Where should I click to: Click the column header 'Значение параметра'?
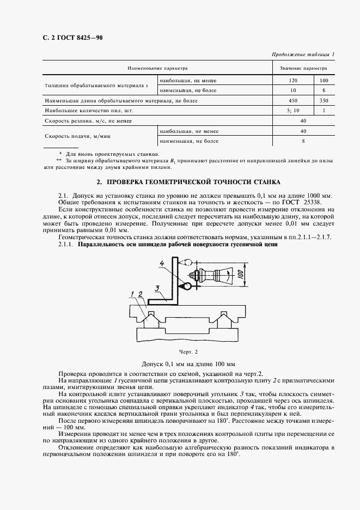click(x=303, y=69)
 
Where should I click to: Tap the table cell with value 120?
click(x=293, y=80)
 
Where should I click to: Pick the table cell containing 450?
click(x=293, y=100)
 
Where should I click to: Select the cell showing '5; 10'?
click(x=293, y=111)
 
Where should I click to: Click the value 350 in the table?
click(x=324, y=100)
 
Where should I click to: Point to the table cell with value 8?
click(x=303, y=141)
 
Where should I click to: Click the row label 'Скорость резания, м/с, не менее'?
click(x=88, y=121)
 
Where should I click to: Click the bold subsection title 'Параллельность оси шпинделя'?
click(x=178, y=245)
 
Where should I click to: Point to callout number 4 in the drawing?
click(x=162, y=265)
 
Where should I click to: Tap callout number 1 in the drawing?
click(x=132, y=294)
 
